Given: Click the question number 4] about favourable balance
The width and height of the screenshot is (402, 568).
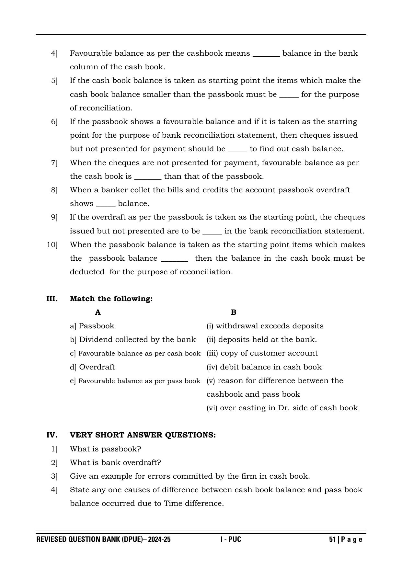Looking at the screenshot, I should [x=54, y=53].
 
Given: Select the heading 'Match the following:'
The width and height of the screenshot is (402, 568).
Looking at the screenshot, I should [x=111, y=299].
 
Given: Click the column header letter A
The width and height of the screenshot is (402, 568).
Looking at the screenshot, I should [x=98, y=312].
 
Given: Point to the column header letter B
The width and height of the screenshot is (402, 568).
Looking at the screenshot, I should [x=234, y=312].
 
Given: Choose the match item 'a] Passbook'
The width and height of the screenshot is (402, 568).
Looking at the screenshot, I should [x=92, y=326].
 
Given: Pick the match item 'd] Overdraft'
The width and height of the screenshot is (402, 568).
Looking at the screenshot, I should [x=92, y=367].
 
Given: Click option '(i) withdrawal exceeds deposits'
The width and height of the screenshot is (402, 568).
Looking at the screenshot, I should [x=265, y=326].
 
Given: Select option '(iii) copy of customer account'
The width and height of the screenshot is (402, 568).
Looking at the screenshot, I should [x=262, y=353].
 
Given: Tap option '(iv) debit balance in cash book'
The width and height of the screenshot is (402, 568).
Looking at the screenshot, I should [x=264, y=367].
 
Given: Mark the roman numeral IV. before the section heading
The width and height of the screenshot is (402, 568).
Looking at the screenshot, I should [x=52, y=435].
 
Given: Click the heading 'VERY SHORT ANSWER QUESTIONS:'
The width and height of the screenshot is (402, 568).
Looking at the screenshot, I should [x=143, y=435].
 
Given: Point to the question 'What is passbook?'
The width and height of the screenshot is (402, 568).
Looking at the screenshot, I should [x=106, y=449].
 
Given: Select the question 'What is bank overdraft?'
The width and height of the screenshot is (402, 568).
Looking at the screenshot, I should [x=115, y=463].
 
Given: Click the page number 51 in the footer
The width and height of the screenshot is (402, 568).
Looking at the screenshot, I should [x=332, y=540].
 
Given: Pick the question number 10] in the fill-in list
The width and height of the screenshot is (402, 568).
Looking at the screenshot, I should [x=52, y=245].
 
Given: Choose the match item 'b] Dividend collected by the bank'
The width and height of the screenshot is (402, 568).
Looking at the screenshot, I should [x=133, y=340].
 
